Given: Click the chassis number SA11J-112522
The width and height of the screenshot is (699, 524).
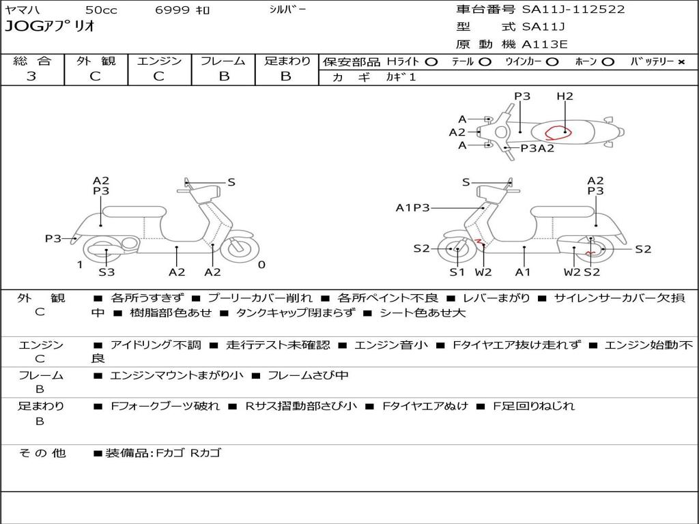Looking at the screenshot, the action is [x=573, y=10].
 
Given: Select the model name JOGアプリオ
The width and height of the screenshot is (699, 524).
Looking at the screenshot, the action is [x=50, y=27].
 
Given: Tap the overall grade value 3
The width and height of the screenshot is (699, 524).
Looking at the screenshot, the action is [x=31, y=76].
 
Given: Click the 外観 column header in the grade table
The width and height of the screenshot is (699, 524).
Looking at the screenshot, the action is [x=96, y=61].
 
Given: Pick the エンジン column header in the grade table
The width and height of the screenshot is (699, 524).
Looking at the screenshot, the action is [x=159, y=61].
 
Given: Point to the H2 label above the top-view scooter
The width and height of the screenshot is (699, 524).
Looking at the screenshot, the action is [x=565, y=96].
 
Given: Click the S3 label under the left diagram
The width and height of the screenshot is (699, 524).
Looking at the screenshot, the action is [x=106, y=272].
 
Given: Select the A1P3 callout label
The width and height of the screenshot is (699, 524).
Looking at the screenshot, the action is [x=412, y=207].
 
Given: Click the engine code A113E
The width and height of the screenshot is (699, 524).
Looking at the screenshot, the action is [x=544, y=45].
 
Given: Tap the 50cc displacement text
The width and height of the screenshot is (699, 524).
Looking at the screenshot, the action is [x=100, y=10].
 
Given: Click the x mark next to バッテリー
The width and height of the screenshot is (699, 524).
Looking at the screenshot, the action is [x=681, y=61].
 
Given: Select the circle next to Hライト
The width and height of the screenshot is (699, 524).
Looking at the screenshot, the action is [x=431, y=61].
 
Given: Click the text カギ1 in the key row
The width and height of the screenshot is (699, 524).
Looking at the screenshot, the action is [x=401, y=77].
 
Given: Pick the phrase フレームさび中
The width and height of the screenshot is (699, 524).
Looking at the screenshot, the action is [x=308, y=375].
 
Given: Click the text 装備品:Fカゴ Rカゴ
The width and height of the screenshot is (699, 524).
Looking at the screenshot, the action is [x=164, y=452].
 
